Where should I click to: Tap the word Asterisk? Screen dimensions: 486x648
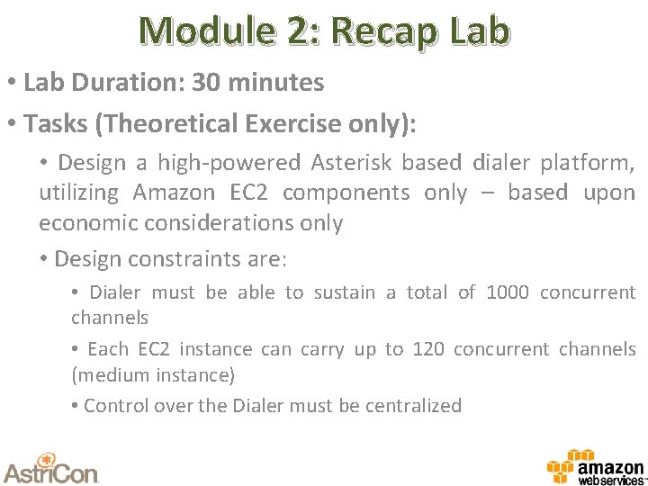[x=352, y=163]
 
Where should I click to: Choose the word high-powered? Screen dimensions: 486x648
[x=229, y=163]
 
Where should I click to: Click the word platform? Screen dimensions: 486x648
[x=588, y=163]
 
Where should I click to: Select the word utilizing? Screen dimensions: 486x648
[x=78, y=193]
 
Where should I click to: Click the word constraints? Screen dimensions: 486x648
[x=200, y=259]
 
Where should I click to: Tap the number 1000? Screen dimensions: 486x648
[x=508, y=292]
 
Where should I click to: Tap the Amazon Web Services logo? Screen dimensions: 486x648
[x=596, y=467]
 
